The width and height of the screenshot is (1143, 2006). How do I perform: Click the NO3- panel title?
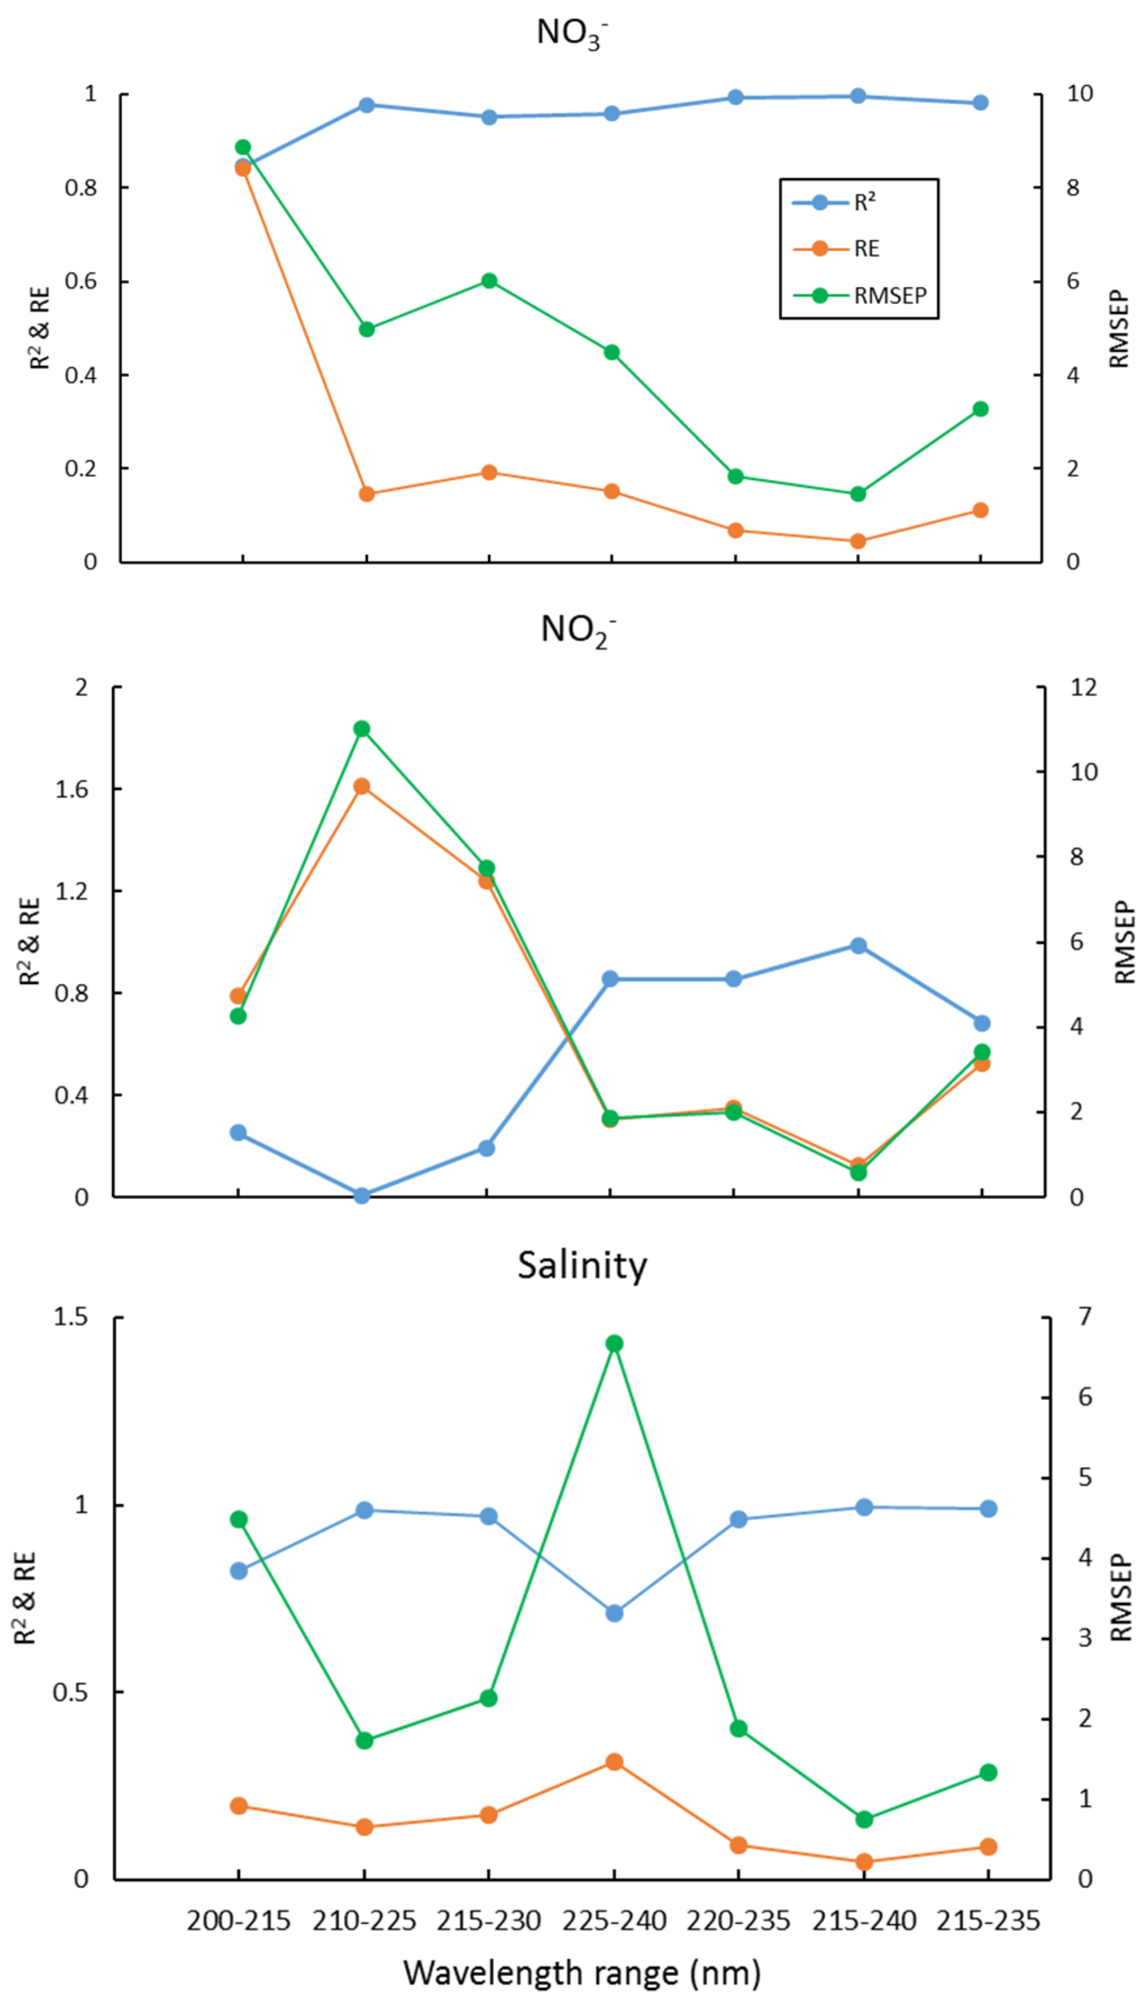click(571, 33)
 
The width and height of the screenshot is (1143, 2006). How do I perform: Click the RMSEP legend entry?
click(889, 296)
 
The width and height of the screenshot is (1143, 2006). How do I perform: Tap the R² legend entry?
click(865, 203)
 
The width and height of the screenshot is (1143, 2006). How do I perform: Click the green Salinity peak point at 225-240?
click(615, 1344)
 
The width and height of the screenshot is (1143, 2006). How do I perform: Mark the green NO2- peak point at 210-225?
click(362, 729)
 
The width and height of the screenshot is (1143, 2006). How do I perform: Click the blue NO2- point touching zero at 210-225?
click(362, 1196)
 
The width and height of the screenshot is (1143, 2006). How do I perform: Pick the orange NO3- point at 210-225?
click(367, 494)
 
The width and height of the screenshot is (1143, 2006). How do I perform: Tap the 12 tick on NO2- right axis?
click(1083, 688)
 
